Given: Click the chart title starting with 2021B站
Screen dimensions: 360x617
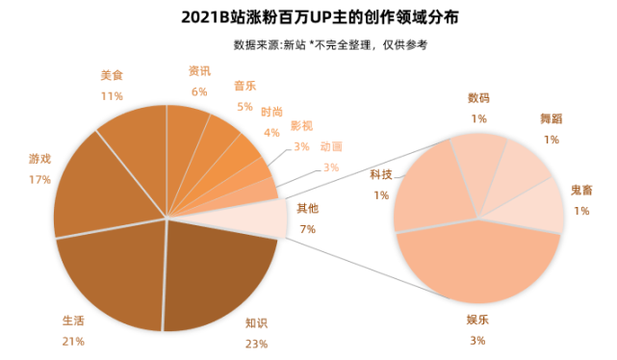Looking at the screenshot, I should (309, 17).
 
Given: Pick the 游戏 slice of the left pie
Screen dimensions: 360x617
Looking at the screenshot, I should (91, 188).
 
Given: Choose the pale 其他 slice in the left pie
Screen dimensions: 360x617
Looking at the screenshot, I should (265, 219).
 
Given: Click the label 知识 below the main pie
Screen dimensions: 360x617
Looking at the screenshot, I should (256, 324).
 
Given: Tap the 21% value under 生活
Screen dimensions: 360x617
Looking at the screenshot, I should (73, 341).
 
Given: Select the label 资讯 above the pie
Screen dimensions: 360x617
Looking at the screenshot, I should (199, 71).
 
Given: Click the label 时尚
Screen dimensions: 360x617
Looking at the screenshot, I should (271, 112).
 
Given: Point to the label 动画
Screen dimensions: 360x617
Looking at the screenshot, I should (330, 147).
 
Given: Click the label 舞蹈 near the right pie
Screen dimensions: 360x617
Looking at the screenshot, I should (551, 117).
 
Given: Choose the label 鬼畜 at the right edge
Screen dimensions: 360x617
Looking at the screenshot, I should (581, 190).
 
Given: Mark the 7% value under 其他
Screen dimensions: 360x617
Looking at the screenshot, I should (307, 228).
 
